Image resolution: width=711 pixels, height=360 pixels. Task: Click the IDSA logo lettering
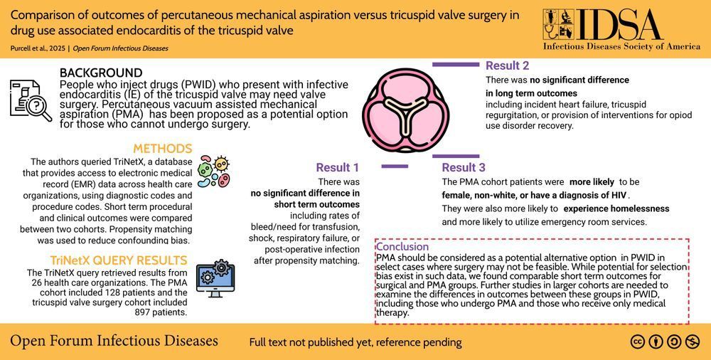point(621,25)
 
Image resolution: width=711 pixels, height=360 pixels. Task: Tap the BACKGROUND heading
point(101,73)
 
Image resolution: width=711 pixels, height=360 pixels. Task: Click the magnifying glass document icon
point(31,101)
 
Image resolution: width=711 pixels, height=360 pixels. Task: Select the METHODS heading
point(163,149)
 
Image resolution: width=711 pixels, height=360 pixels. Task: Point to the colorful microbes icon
point(215,171)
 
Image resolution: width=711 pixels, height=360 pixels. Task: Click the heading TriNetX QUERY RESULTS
point(119,260)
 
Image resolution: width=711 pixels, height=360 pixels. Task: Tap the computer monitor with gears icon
point(216,278)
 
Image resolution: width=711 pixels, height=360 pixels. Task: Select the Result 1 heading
point(337,167)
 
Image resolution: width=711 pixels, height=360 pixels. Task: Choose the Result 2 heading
point(507,65)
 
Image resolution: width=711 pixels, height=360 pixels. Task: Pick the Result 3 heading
point(464,167)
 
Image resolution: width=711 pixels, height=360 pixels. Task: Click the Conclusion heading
point(402,246)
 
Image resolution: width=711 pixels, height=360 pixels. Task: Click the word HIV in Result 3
point(619,196)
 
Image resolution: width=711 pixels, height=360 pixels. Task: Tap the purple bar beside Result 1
point(395,166)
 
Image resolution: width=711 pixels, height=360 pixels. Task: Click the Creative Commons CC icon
point(638,342)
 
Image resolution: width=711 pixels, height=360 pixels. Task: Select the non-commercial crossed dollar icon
point(693,342)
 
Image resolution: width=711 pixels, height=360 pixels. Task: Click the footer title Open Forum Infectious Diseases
point(114,341)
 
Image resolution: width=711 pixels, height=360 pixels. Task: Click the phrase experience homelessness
point(616,209)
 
